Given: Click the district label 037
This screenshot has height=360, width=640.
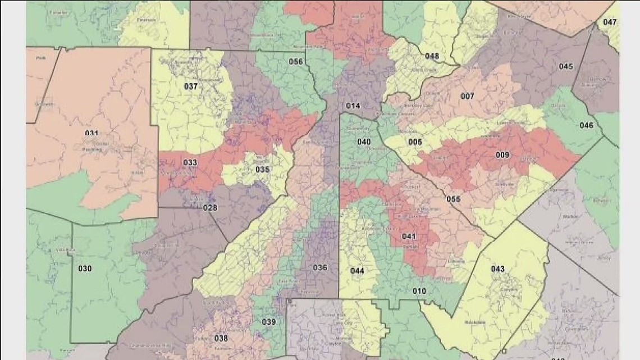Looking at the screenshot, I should [191, 86].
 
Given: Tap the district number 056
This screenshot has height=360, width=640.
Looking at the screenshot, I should [296, 61].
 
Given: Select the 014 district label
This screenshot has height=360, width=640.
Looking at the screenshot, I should [353, 106].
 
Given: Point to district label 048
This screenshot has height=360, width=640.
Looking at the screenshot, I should [432, 56].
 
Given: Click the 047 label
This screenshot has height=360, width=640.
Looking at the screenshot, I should [610, 22].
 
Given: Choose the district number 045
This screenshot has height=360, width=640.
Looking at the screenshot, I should [566, 66].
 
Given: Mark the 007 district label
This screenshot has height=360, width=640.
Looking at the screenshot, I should [467, 96].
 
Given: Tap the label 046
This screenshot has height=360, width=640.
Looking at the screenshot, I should [586, 125].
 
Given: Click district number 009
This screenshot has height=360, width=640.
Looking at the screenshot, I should [502, 154].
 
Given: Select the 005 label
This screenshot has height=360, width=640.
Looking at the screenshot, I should [415, 142].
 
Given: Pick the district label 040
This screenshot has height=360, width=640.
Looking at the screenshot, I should [364, 142].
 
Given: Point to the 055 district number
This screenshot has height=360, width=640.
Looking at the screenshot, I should [453, 199].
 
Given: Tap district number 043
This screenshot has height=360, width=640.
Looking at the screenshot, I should [497, 269].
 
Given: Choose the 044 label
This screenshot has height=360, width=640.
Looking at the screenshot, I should [357, 271].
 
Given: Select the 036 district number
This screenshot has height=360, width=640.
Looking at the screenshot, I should [320, 267].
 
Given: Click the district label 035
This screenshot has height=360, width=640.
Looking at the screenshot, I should [262, 170].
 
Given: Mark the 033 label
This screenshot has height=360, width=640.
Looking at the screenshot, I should [190, 163].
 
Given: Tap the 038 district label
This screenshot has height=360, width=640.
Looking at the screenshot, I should [221, 338].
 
